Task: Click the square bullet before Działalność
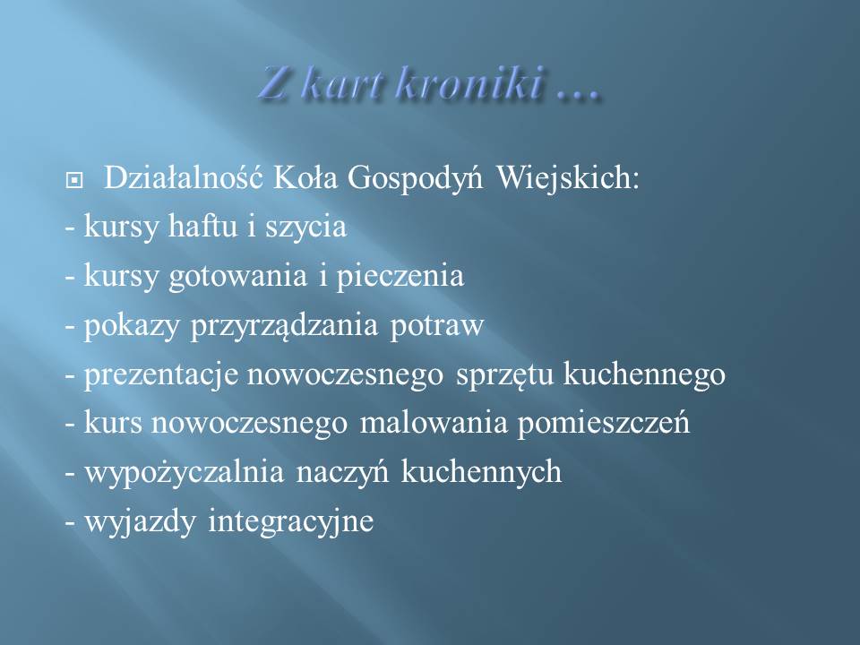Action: (74, 180)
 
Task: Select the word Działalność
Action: (183, 177)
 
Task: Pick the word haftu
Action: (203, 226)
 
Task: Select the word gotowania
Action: (237, 277)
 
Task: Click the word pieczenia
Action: (400, 277)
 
